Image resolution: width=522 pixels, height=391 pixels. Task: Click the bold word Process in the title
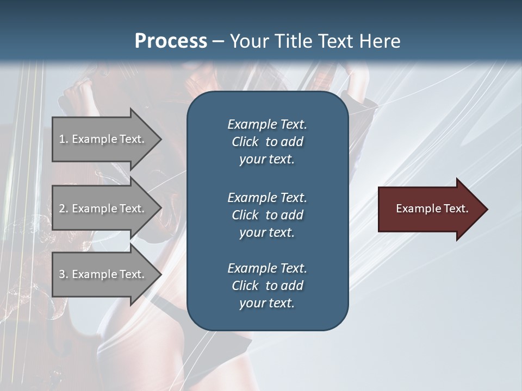click(171, 41)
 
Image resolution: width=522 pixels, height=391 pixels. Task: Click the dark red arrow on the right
click(432, 209)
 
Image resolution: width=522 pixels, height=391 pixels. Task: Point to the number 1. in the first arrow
click(64, 140)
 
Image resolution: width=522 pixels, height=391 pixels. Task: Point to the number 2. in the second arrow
click(64, 209)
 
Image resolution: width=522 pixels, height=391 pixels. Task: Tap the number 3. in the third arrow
click(64, 275)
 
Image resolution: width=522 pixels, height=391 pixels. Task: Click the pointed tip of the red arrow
click(486, 209)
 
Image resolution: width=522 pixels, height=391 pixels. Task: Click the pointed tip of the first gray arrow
click(159, 140)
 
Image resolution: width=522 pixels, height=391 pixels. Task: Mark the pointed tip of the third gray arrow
click(159, 275)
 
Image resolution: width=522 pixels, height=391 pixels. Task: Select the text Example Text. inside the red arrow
click(432, 209)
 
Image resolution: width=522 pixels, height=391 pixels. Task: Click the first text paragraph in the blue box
click(267, 142)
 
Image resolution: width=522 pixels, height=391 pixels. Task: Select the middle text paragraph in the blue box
click(267, 215)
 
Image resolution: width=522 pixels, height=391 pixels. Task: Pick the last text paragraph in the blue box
click(267, 286)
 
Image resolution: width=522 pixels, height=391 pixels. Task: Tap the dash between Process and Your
click(218, 42)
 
